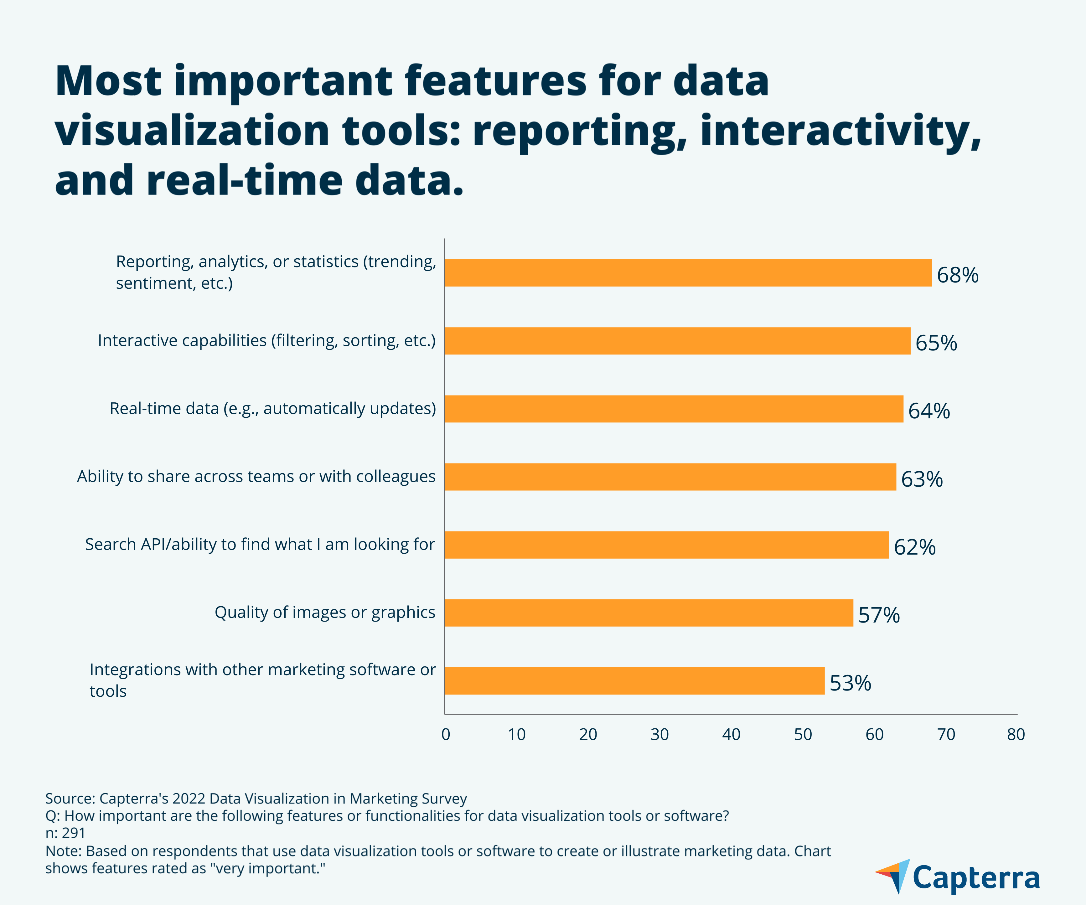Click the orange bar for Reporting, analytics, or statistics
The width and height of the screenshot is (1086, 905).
pyautogui.click(x=688, y=273)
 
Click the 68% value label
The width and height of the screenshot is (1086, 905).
pyautogui.click(x=957, y=275)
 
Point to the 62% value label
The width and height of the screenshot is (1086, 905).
pyautogui.click(x=914, y=547)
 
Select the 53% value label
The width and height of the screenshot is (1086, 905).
pyautogui.click(x=850, y=683)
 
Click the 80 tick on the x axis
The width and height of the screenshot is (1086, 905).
pyautogui.click(x=1016, y=734)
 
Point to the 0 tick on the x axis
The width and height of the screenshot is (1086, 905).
pyautogui.click(x=446, y=734)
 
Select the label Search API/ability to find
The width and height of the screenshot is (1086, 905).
pyautogui.click(x=260, y=545)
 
